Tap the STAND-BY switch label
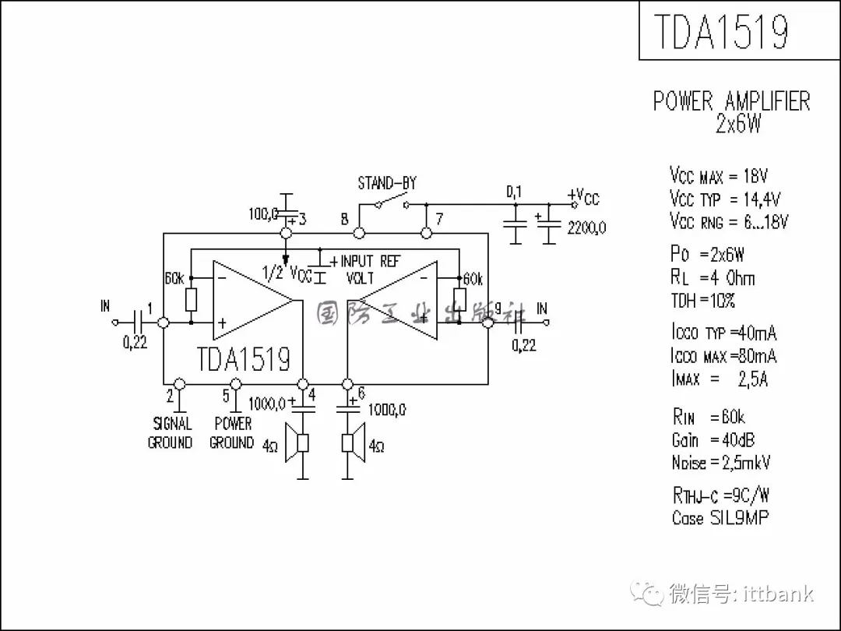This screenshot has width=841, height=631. (387, 184)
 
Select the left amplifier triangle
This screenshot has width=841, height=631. (253, 300)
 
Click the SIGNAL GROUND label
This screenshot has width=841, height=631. (171, 433)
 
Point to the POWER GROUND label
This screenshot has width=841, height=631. (233, 433)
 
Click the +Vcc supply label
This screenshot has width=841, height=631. (584, 196)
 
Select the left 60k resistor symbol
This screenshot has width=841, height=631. (192, 299)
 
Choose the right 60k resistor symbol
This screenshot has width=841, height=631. (459, 299)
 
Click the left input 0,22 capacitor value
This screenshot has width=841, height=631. (135, 342)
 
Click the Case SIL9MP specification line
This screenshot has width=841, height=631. (720, 518)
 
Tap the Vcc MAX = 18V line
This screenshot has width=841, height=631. (718, 176)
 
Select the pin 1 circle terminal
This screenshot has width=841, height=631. (164, 322)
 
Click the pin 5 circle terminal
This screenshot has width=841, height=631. (236, 384)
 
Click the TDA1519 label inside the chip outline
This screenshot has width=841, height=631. (244, 358)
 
